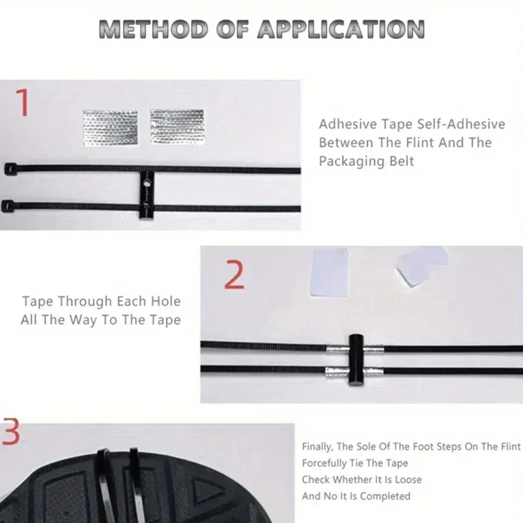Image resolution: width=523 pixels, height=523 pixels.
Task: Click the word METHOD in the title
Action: [x=153, y=29]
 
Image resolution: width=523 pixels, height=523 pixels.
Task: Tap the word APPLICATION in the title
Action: [x=341, y=29]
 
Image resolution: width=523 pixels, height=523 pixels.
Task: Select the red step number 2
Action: [x=234, y=275]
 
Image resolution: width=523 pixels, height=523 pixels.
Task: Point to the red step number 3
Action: [x=11, y=432]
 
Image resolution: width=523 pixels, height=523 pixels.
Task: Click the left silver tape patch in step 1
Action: [x=110, y=128]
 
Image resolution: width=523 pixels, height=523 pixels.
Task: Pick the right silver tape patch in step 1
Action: [x=177, y=127]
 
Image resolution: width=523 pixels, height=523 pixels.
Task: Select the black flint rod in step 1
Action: [x=146, y=195]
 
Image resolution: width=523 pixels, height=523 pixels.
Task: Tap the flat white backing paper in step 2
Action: [x=329, y=273]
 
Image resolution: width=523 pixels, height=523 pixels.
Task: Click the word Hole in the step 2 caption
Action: [x=166, y=301]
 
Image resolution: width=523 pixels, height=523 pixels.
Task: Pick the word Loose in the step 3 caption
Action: [x=408, y=480]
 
